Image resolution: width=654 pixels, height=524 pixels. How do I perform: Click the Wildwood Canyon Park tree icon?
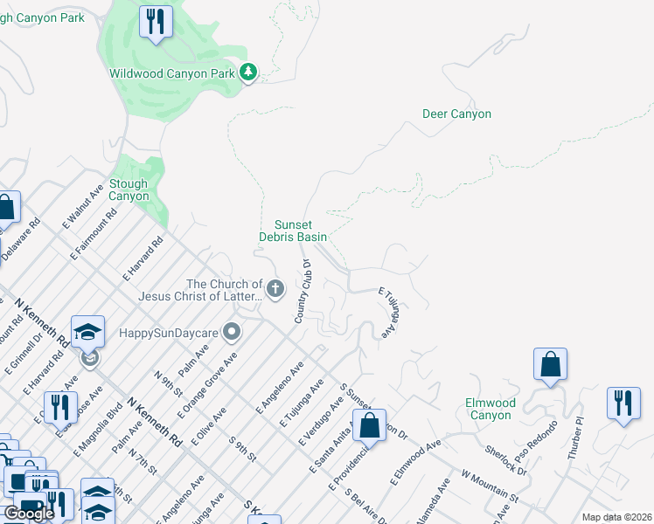(249, 73)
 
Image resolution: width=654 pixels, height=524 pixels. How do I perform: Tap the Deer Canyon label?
(456, 114)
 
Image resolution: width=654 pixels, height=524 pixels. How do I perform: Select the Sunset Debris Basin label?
(294, 231)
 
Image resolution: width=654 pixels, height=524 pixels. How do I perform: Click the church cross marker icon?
(275, 289)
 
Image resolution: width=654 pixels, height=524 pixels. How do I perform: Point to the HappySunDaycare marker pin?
(232, 332)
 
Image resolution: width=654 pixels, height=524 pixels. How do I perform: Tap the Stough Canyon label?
(129, 190)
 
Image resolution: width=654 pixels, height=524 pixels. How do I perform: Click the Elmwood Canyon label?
(490, 409)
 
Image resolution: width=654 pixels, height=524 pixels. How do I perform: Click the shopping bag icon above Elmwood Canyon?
(550, 363)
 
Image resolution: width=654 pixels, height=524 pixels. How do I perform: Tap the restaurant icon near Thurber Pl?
(623, 403)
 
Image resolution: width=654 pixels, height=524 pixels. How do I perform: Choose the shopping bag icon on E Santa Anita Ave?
(370, 426)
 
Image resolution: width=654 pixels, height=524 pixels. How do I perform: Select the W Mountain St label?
(489, 490)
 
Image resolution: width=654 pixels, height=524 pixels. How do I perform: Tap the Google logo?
(29, 513)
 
